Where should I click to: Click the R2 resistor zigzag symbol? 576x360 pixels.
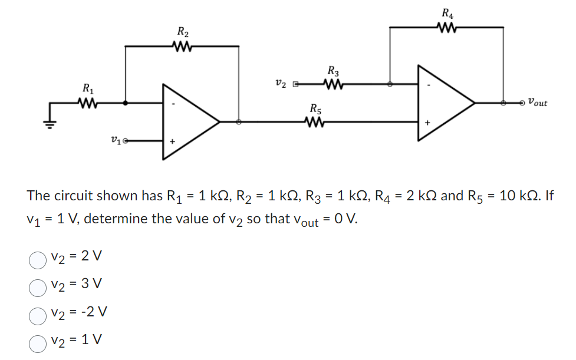pyautogui.click(x=183, y=47)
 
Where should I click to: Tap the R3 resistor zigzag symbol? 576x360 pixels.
pyautogui.click(x=333, y=84)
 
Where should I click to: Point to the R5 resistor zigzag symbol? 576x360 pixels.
pyautogui.click(x=315, y=122)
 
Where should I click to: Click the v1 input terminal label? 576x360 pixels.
pyautogui.click(x=117, y=140)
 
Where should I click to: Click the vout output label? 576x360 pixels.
pyautogui.click(x=537, y=103)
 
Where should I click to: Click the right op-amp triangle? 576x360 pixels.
pyautogui.click(x=442, y=103)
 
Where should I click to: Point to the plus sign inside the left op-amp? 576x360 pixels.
pyautogui.click(x=172, y=141)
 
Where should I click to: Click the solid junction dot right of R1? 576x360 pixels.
pyautogui.click(x=126, y=103)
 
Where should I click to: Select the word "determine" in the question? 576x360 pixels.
pyautogui.click(x=120, y=220)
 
